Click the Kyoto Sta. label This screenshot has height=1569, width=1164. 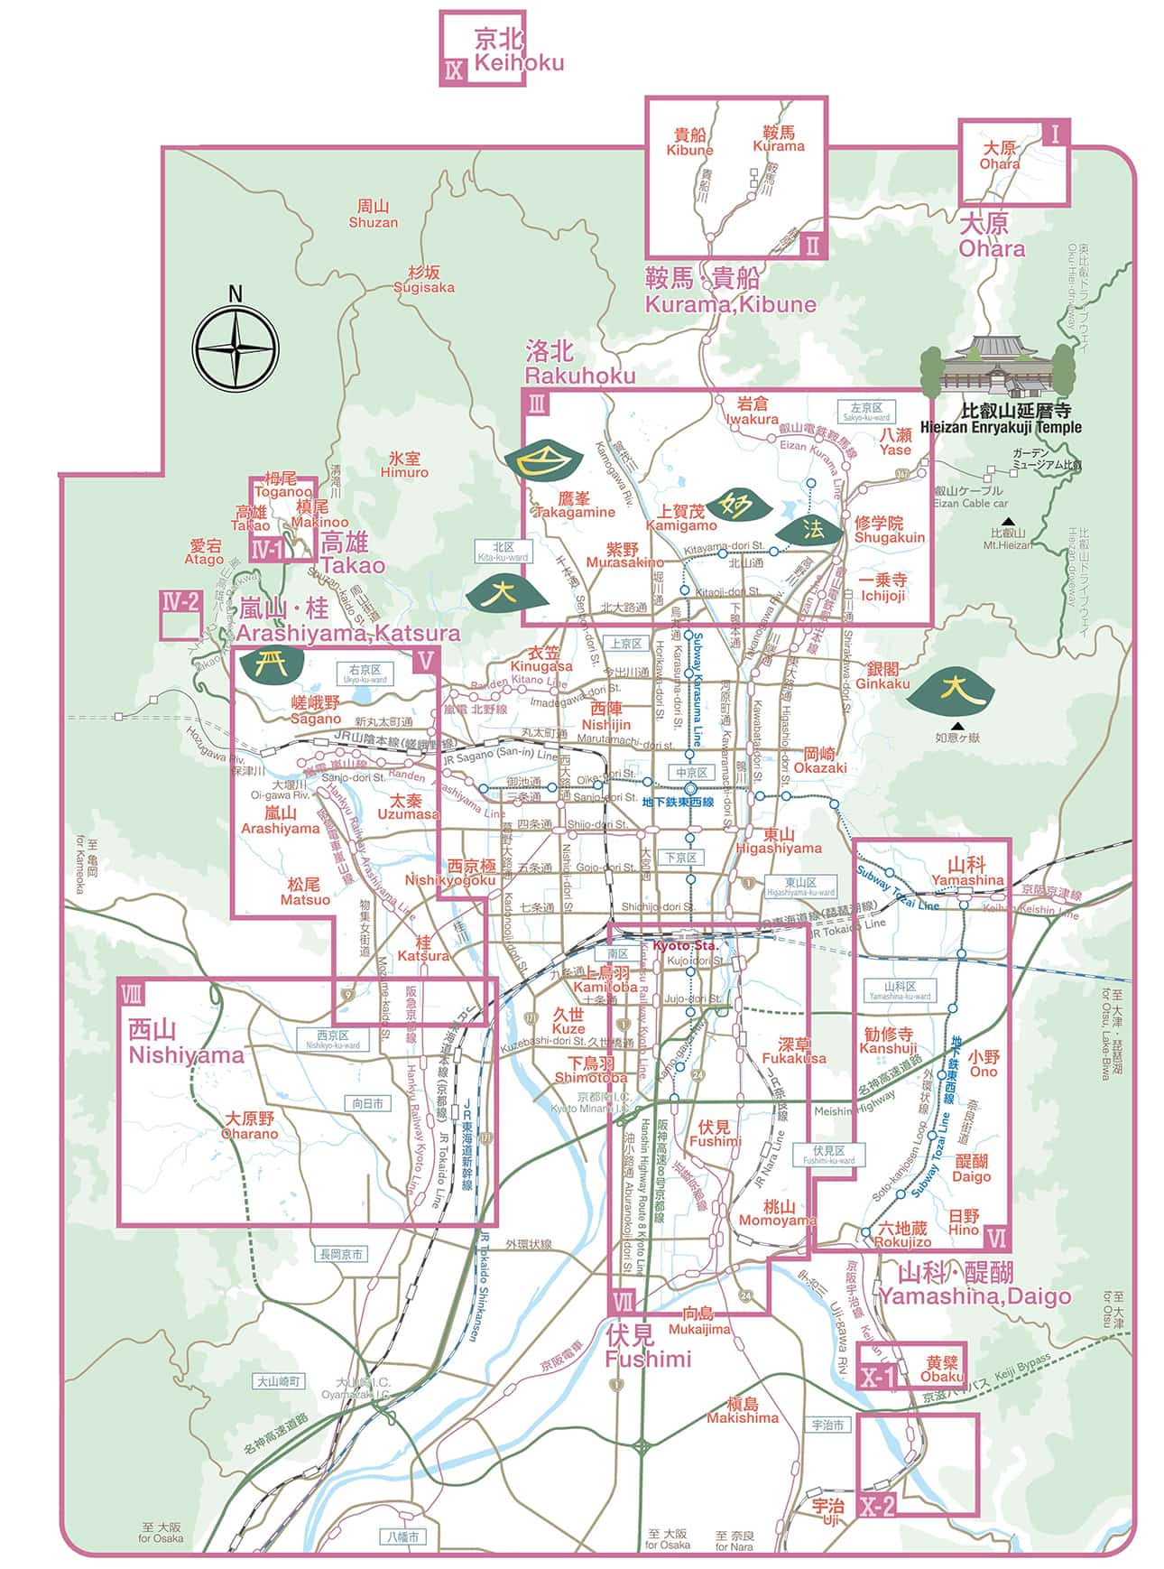click(685, 945)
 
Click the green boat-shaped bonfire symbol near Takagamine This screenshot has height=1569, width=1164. click(540, 460)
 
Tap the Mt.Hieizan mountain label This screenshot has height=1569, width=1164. click(1008, 539)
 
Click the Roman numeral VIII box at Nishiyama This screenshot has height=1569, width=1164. click(132, 994)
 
